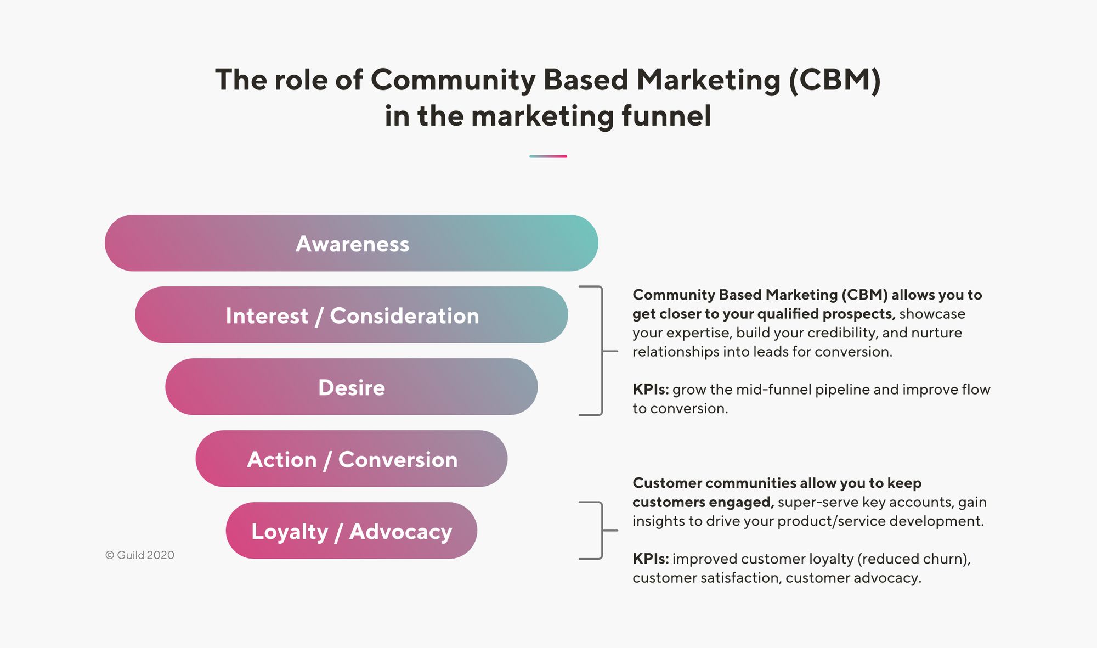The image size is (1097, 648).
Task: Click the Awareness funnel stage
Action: (x=351, y=243)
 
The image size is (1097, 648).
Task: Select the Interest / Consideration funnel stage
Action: (x=351, y=315)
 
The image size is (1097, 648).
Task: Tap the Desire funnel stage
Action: (x=351, y=387)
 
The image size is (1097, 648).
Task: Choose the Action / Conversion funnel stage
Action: (x=351, y=459)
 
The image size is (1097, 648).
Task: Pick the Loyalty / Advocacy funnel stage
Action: (x=351, y=531)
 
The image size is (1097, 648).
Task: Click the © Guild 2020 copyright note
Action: (x=140, y=555)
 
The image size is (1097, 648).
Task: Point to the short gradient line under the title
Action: (x=548, y=156)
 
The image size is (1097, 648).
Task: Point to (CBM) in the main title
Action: (x=835, y=80)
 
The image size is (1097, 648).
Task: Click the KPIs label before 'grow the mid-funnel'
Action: (x=651, y=390)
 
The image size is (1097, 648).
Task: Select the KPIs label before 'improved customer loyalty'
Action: (x=651, y=559)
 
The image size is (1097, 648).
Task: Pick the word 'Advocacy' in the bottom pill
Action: (x=401, y=532)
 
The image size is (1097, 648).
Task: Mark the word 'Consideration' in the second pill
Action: (x=404, y=316)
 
